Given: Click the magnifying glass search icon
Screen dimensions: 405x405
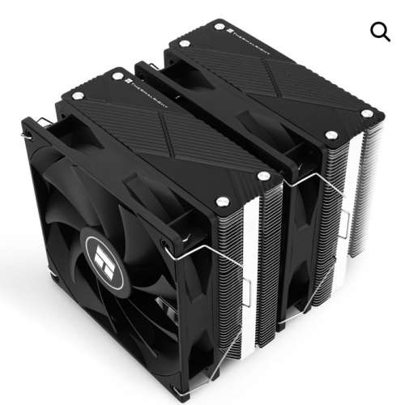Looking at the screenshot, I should click(380, 31).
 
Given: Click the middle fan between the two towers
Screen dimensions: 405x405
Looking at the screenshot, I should click(300, 243).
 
